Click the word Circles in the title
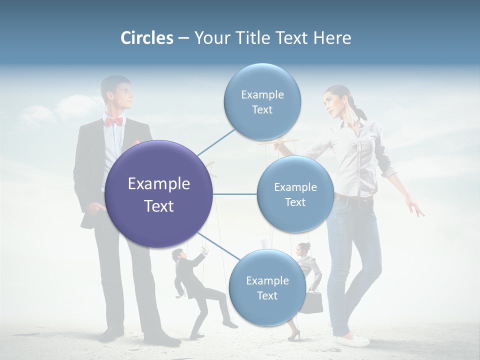point(146,38)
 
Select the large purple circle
point(158,194)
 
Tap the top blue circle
point(262,102)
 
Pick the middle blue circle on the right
point(295,194)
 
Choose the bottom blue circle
point(267,288)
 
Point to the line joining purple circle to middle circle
point(235,194)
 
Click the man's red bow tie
point(114,121)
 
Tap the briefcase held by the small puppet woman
point(313,301)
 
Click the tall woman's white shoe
point(353,341)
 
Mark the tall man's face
point(122,95)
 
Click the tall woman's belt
point(355,201)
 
